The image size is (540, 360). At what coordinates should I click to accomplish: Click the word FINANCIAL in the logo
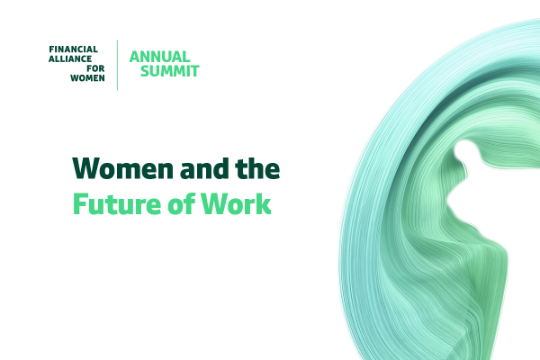point(74,49)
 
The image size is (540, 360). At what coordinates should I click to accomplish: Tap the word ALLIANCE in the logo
point(70,58)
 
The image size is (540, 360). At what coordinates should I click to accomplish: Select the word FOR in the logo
point(95,68)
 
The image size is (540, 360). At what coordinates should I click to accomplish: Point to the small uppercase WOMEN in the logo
point(87,78)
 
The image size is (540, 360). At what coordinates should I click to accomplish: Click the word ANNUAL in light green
point(160,57)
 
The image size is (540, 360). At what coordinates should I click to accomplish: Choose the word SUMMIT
point(170,71)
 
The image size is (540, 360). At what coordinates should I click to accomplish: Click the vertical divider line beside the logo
point(117,66)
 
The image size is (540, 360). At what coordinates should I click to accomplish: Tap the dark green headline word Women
point(123,168)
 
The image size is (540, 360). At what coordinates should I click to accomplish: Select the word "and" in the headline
point(204,168)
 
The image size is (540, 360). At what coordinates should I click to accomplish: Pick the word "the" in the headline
point(257,168)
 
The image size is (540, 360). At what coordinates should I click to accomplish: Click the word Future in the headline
point(117,204)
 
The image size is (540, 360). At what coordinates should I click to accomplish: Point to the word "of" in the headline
point(181,204)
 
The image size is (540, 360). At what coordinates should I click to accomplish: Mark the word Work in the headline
point(236,204)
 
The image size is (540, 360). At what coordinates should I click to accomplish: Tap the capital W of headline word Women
point(88,168)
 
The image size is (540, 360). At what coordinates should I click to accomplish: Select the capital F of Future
point(80,204)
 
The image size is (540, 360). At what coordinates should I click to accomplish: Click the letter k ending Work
point(263,203)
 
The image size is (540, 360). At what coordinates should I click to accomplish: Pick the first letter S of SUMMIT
point(145,71)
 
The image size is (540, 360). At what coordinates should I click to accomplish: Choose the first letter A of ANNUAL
point(135,57)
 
